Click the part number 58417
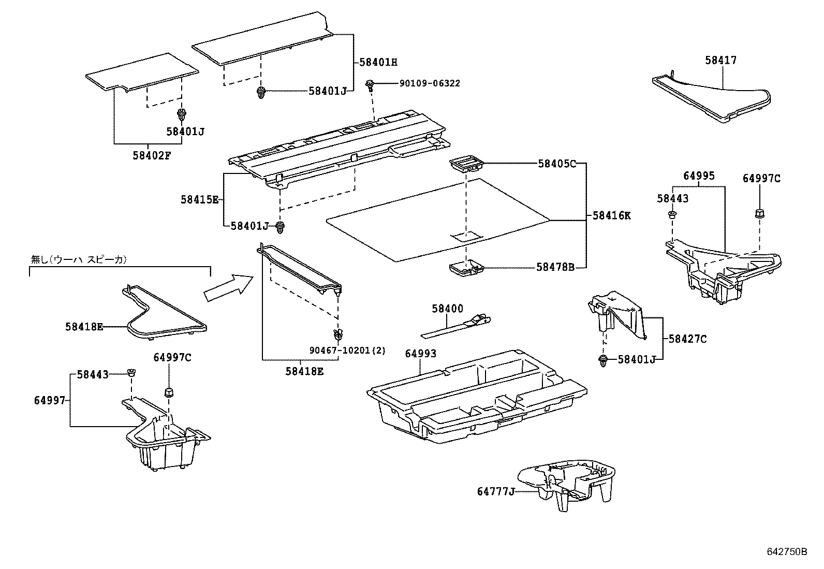(720, 60)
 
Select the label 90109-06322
(429, 83)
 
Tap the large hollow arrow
(228, 288)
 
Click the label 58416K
(611, 216)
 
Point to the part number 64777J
(496, 491)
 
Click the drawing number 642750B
(787, 552)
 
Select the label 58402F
(151, 154)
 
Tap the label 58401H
(378, 62)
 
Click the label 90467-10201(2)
(348, 351)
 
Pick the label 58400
(448, 309)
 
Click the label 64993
(420, 354)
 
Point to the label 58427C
(687, 339)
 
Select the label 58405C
(556, 164)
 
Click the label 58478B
(555, 267)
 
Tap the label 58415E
(200, 199)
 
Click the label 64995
(699, 176)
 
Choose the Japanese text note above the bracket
(79, 259)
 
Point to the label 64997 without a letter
(50, 400)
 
